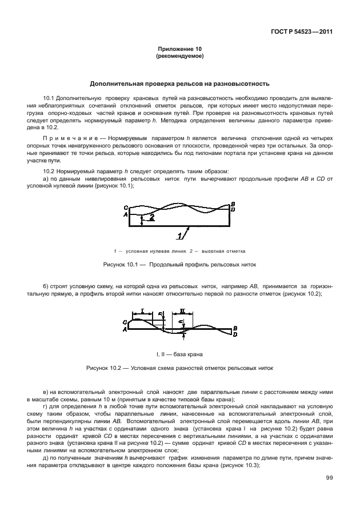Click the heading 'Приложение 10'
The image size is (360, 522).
tap(179, 50)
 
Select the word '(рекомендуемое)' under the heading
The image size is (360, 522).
tap(179, 57)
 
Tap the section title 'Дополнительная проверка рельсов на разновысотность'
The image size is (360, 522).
tap(179, 83)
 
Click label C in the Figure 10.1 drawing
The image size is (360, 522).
tap(125, 209)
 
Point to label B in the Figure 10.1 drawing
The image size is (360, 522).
tap(233, 204)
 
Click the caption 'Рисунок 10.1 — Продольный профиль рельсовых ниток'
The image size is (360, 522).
tap(179, 265)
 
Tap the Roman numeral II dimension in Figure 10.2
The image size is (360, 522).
tap(182, 311)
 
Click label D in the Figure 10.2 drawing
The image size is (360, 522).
tap(235, 334)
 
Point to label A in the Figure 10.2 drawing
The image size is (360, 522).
tap(125, 329)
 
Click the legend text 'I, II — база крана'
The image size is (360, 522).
tap(179, 354)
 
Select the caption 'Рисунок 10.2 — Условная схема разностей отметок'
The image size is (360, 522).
tap(179, 369)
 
